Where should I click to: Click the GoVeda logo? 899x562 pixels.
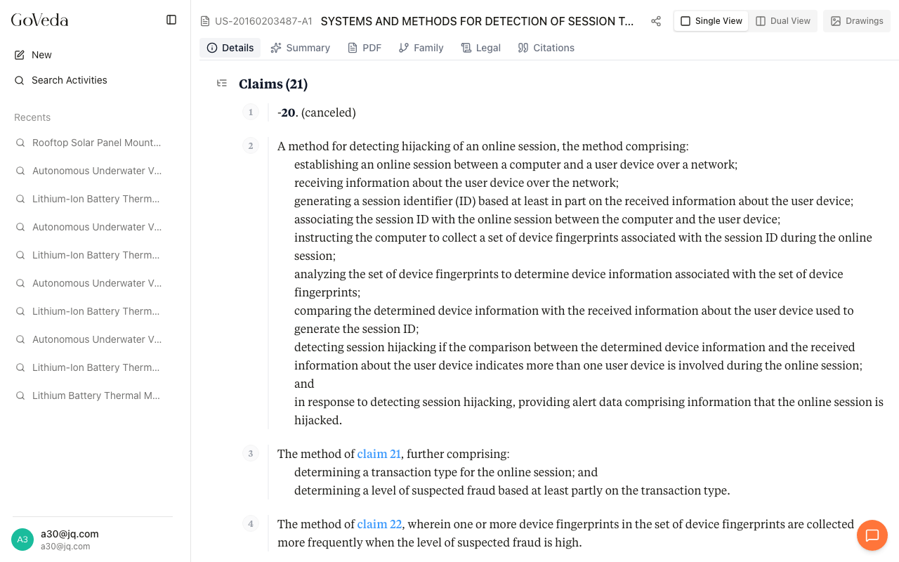pyautogui.click(x=39, y=20)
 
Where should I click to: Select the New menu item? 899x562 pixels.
pyautogui.click(x=41, y=55)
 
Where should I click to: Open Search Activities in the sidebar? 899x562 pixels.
pyautogui.click(x=69, y=80)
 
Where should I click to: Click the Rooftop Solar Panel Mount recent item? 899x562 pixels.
pyautogui.click(x=96, y=143)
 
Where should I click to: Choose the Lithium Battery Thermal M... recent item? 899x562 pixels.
pyautogui.click(x=96, y=396)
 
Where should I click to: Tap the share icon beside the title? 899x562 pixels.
pyautogui.click(x=656, y=21)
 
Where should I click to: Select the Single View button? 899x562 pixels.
pyautogui.click(x=711, y=21)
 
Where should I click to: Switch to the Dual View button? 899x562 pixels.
pyautogui.click(x=783, y=21)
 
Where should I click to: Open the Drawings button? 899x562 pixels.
pyautogui.click(x=857, y=21)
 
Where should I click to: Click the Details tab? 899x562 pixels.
pyautogui.click(x=230, y=48)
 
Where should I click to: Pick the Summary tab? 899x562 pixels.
pyautogui.click(x=300, y=48)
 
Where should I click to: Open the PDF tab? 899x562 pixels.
pyautogui.click(x=365, y=48)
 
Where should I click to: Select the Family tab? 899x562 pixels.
pyautogui.click(x=421, y=48)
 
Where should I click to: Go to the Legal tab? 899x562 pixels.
pyautogui.click(x=481, y=48)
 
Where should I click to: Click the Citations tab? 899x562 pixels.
pyautogui.click(x=546, y=48)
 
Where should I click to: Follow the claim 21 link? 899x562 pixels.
pyautogui.click(x=379, y=454)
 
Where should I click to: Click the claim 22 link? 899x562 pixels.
pyautogui.click(x=379, y=524)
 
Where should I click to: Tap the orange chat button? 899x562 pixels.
pyautogui.click(x=872, y=536)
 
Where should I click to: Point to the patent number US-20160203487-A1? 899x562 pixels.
pyautogui.click(x=263, y=21)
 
